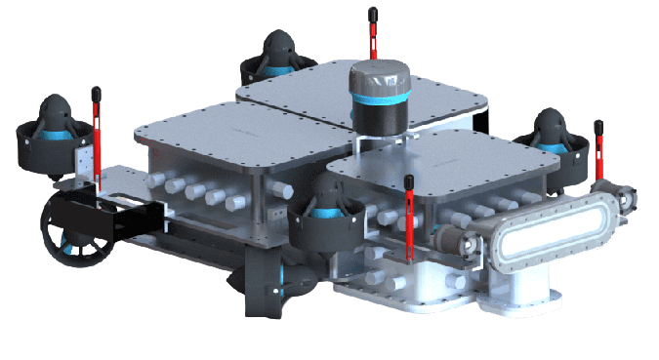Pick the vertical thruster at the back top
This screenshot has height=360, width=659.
point(276,59)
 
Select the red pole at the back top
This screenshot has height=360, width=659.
point(372,34)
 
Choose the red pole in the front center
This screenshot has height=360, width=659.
point(409,220)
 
